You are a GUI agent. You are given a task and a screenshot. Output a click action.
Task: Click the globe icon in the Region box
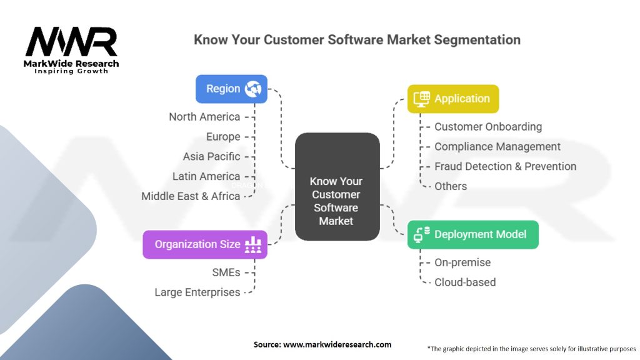(x=253, y=89)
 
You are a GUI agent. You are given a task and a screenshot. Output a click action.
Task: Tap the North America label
(x=204, y=117)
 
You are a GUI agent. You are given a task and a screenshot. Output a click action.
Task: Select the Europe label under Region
(x=223, y=137)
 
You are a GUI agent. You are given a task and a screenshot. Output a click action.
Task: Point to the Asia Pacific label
(x=211, y=156)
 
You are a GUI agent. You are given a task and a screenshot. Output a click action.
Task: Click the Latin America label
(x=206, y=176)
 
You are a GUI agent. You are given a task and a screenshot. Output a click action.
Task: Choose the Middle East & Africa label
(x=191, y=196)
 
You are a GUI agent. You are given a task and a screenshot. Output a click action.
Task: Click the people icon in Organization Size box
(x=253, y=244)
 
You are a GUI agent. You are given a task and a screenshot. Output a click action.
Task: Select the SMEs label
(x=226, y=272)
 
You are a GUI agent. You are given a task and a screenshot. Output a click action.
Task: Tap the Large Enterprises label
(x=197, y=292)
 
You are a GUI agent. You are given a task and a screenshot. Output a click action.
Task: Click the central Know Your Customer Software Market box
(x=336, y=201)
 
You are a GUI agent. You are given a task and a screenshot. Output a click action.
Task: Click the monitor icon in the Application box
(x=422, y=99)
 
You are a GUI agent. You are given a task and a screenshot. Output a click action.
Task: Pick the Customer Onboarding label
(x=488, y=127)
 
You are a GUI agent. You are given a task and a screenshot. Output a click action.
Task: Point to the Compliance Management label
(x=497, y=147)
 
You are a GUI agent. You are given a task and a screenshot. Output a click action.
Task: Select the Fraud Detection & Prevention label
(x=505, y=166)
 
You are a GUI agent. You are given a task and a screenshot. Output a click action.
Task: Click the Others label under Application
(x=451, y=186)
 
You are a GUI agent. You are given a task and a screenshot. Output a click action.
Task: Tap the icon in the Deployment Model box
(x=422, y=234)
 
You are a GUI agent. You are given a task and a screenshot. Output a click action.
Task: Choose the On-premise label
(x=462, y=262)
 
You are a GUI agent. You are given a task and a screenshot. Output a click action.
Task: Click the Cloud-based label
(x=465, y=282)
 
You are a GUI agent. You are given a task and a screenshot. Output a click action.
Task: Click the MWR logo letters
(x=71, y=42)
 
